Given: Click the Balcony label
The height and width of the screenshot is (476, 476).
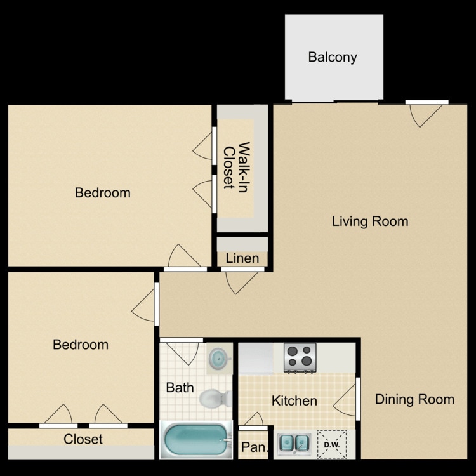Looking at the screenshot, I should pos(333,57).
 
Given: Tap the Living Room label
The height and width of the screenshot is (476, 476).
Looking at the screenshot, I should pos(370,221).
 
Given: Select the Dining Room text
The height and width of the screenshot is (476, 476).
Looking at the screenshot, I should pos(414,399).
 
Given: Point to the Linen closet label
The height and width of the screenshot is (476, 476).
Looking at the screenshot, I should pos(242,258).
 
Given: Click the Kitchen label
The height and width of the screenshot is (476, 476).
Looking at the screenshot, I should pos(294,400).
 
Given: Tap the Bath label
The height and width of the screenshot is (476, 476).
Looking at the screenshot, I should pos(180,387).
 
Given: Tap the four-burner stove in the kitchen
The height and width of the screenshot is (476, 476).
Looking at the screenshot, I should pos(300,357).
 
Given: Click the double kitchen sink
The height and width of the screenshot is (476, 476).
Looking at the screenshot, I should pos(294,444).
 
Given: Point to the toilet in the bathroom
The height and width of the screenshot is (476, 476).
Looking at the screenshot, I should pos(215,399).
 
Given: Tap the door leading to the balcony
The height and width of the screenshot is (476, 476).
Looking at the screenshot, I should pos(426,113).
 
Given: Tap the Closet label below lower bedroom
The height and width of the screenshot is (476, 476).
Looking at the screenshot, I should pos(83,439).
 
